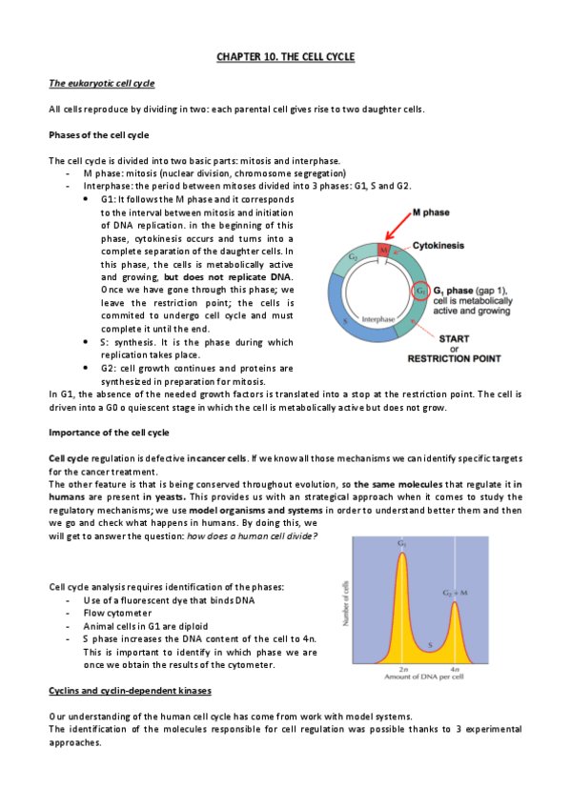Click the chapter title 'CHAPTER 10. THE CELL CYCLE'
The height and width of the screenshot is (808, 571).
tap(285, 58)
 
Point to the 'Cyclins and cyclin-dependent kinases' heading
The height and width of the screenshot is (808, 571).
tap(130, 689)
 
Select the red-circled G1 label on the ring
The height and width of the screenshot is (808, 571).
tap(419, 291)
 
